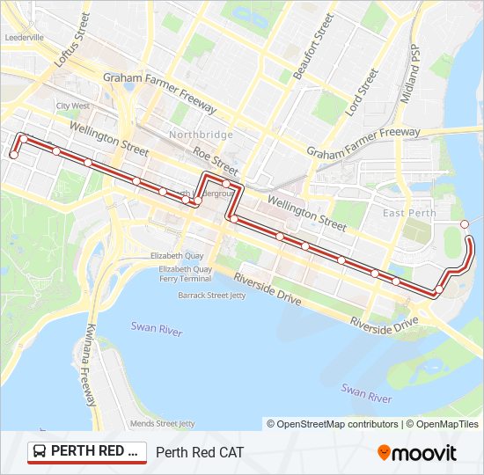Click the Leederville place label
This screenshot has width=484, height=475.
pyautogui.click(x=25, y=38)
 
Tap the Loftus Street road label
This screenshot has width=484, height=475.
pyautogui.click(x=72, y=40)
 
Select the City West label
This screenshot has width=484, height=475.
pyautogui.click(x=73, y=106)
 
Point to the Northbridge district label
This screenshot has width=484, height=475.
pyautogui.click(x=202, y=135)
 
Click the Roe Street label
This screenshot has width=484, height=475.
pyautogui.click(x=216, y=159)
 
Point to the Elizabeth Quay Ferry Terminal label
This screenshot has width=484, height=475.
pyautogui.click(x=185, y=273)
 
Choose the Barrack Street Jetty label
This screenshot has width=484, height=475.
pyautogui.click(x=212, y=296)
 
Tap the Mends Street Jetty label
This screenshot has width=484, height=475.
pyautogui.click(x=162, y=423)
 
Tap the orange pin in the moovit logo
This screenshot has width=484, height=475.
pyautogui.click(x=384, y=452)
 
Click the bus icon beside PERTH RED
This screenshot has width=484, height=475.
pyautogui.click(x=40, y=452)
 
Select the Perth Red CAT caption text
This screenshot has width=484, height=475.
pyautogui.click(x=199, y=452)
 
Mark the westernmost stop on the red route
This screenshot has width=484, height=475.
pyautogui.click(x=13, y=155)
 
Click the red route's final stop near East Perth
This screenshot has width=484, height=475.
pyautogui.click(x=465, y=224)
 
